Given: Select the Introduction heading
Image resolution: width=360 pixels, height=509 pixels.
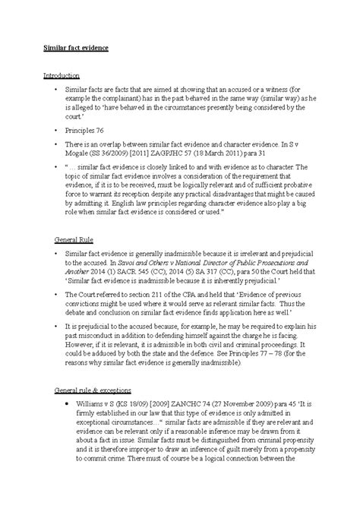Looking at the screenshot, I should pos(61,76).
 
